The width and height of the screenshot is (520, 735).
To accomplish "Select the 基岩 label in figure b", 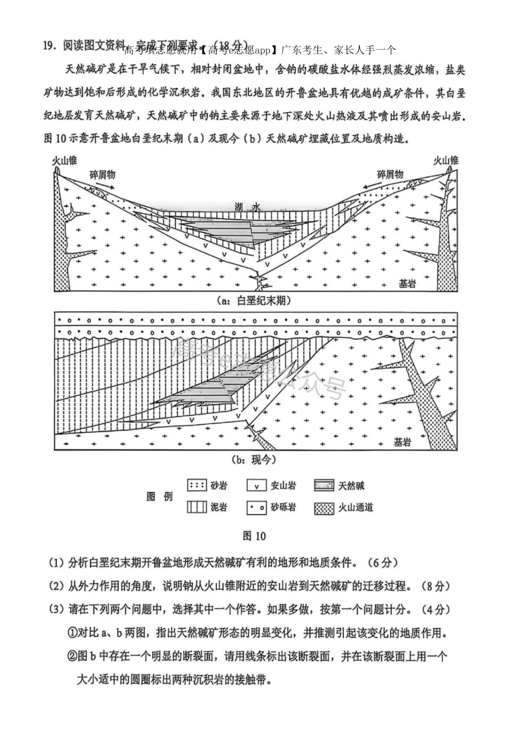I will (x=403, y=441).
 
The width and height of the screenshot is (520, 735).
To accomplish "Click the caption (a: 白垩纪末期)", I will (x=254, y=301).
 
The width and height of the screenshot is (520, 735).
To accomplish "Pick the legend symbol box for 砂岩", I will (x=197, y=485).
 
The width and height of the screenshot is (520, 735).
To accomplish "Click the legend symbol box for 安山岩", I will (x=257, y=485).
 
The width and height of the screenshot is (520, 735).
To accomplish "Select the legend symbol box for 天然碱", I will (x=324, y=485).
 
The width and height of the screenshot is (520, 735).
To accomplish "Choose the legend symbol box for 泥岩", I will (x=197, y=507).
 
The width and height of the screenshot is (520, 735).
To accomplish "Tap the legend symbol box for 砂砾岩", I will (x=257, y=507).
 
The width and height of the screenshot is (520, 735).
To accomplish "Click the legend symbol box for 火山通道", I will (x=324, y=507).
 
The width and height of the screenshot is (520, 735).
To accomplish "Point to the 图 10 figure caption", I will (x=254, y=536).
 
